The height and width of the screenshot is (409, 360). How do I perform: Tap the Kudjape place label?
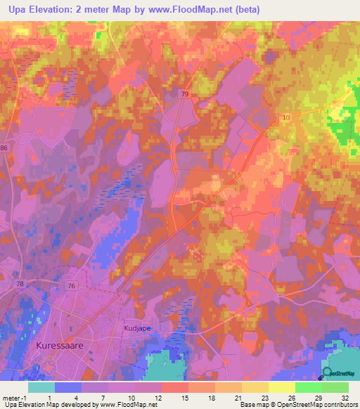click(138, 328)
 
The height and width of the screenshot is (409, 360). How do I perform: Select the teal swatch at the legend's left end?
click(41, 387)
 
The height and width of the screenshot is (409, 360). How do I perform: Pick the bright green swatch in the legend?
click(309, 387)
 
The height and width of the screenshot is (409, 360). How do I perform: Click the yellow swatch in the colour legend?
click(282, 387)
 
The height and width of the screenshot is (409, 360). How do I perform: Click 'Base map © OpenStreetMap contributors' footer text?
click(297, 405)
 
